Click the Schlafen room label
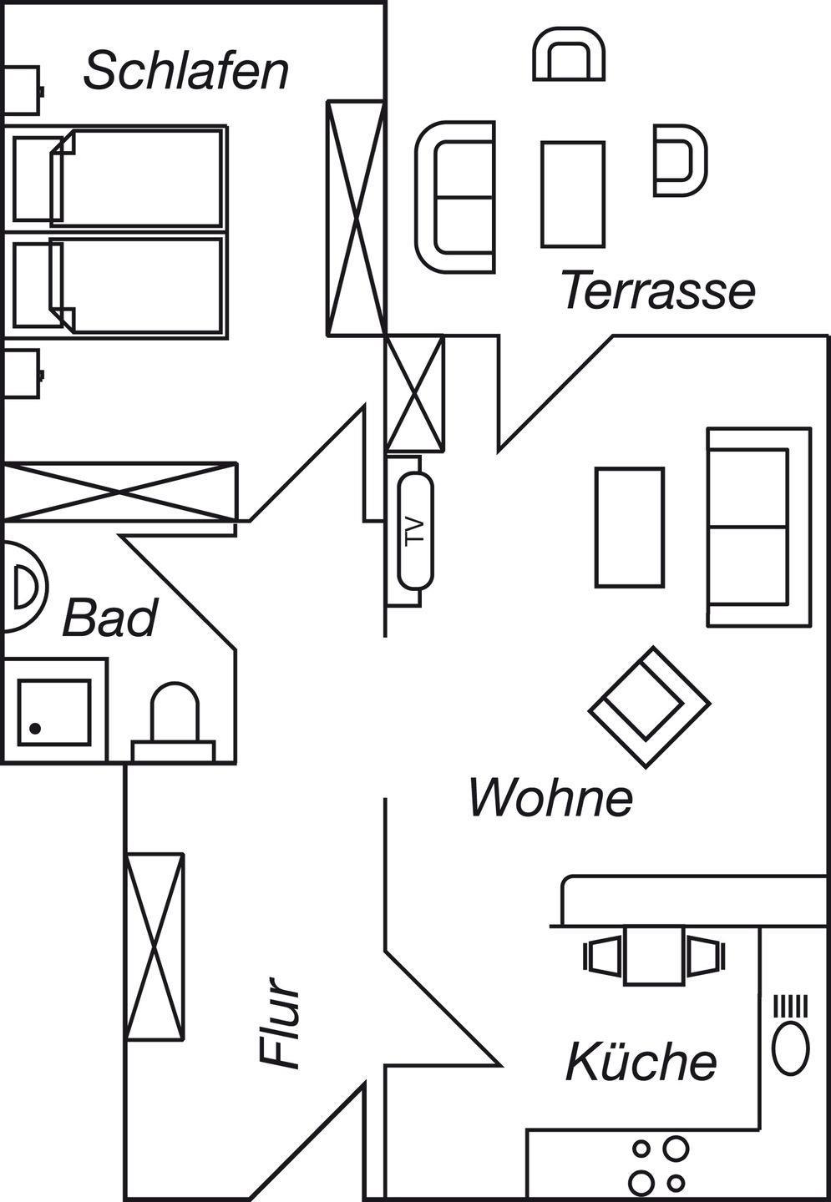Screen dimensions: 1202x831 click(x=185, y=71)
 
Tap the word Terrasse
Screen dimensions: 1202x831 click(x=658, y=290)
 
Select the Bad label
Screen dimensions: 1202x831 click(x=109, y=619)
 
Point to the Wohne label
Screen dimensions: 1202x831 click(x=550, y=797)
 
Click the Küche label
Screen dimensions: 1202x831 click(x=641, y=1062)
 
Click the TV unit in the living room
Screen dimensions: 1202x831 click(x=415, y=530)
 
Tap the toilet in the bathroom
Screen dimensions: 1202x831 click(x=174, y=718)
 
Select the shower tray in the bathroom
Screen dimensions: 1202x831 click(x=54, y=711)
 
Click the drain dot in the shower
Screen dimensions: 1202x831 click(x=35, y=729)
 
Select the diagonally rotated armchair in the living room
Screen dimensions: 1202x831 click(x=649, y=707)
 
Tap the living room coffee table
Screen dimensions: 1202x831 click(x=630, y=527)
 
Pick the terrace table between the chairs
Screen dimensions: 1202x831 click(x=572, y=194)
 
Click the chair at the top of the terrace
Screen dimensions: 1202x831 click(x=569, y=55)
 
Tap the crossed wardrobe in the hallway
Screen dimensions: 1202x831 click(x=155, y=947)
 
